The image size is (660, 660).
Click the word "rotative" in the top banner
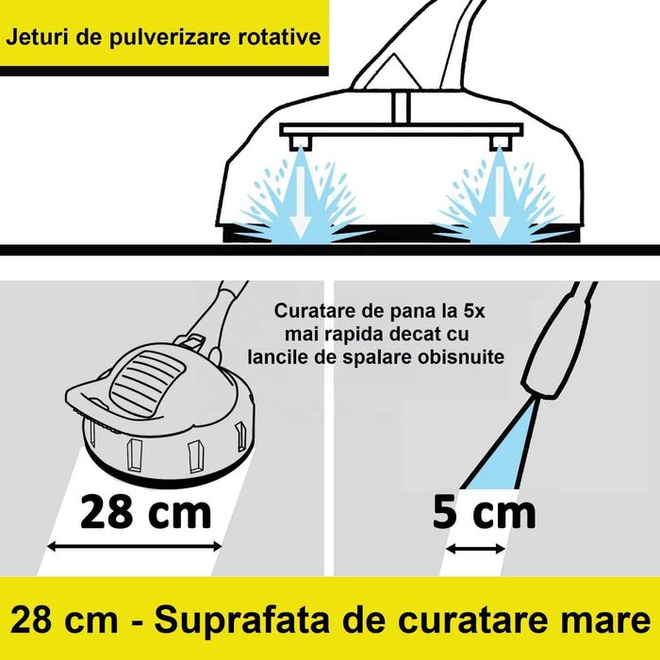click(277, 39)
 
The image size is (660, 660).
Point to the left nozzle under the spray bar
click(302, 143)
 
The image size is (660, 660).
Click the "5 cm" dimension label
click(484, 512)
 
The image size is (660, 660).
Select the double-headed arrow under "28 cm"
click(136, 545)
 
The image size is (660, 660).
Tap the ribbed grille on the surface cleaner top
click(141, 371)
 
